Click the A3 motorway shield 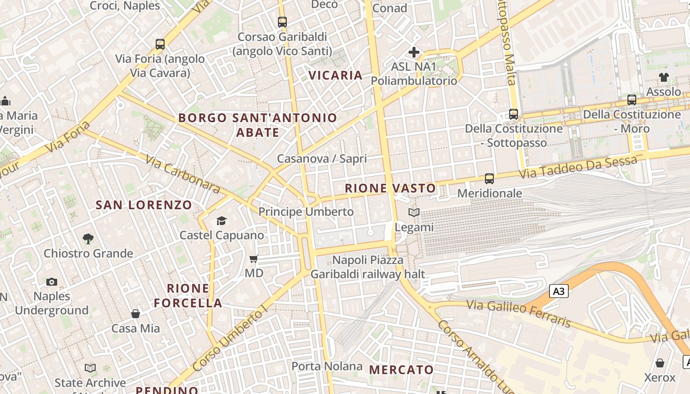tap(558, 291)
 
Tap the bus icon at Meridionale tap(489, 179)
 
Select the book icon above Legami tap(414, 213)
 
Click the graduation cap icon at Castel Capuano tap(221, 221)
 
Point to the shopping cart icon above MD tap(254, 259)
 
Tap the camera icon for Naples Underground tap(52, 282)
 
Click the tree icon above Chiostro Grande tap(88, 239)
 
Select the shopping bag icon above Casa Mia tap(136, 314)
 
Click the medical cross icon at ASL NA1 tap(414, 52)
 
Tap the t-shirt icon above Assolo tap(663, 77)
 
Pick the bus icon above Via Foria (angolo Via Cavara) tap(160, 44)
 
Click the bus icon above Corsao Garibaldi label tap(282, 22)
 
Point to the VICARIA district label tap(336, 75)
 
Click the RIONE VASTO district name tap(390, 188)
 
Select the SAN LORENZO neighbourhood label tap(144, 205)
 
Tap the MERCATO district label tap(401, 369)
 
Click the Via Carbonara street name tap(183, 174)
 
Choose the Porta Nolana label tap(327, 366)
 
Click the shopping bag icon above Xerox tap(660, 363)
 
